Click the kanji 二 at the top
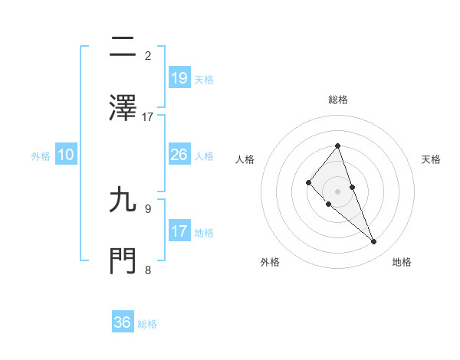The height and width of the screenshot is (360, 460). tap(123, 48)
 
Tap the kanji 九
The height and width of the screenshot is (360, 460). tap(123, 201)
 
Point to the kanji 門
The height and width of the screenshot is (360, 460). tap(123, 261)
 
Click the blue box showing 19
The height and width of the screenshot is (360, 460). tap(179, 78)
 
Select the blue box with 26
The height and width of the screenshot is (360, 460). tap(179, 155)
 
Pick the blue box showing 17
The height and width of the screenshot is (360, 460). tap(179, 231)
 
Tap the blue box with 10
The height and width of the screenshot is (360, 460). tap(66, 155)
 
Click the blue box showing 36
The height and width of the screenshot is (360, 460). tap(123, 323)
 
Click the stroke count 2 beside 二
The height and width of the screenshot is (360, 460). tap(148, 56)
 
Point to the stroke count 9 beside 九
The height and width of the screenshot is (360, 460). tap(148, 208)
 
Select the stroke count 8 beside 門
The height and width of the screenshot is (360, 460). tap(148, 269)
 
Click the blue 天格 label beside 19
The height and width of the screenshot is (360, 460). tap(204, 79)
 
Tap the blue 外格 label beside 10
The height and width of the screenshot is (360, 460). tap(41, 155)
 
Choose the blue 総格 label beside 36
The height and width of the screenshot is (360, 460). tap(147, 324)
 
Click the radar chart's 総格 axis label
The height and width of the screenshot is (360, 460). tap(338, 100)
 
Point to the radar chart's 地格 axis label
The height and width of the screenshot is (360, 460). tap(402, 262)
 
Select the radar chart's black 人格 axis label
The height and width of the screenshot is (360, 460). tap(245, 159)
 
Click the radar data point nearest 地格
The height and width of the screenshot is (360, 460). tap(374, 242)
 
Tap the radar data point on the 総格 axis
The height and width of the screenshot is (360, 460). tap(337, 146)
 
